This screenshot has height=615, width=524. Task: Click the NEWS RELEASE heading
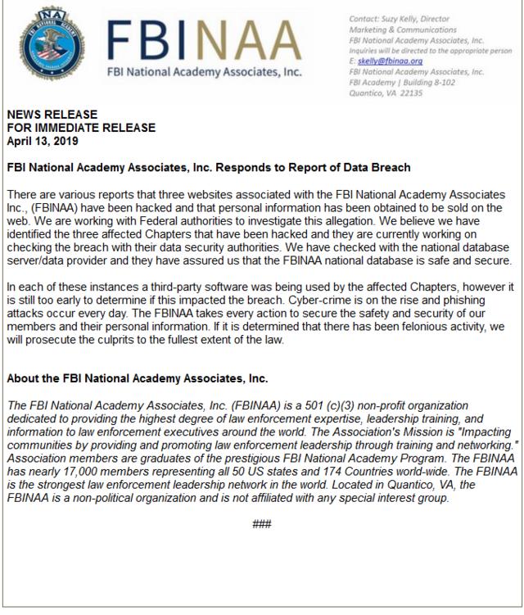click(x=52, y=115)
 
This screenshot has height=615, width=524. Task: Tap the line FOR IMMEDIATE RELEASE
click(x=80, y=128)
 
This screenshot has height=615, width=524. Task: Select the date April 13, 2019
click(x=42, y=141)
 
